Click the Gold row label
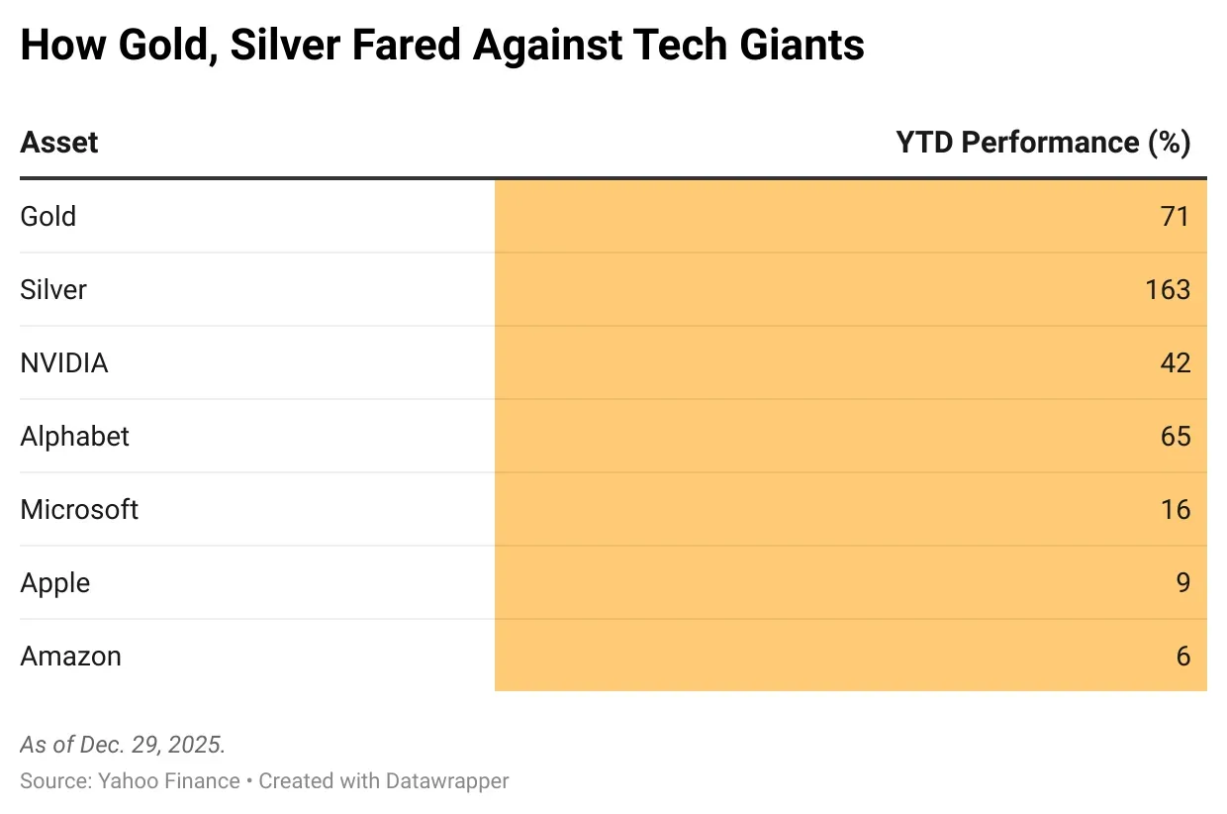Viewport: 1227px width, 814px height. click(47, 216)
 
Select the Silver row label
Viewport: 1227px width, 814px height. click(53, 289)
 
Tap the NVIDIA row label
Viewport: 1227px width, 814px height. click(64, 362)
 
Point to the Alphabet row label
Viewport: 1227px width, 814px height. click(75, 436)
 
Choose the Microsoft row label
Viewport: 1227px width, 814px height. click(79, 509)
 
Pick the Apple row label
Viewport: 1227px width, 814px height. click(55, 582)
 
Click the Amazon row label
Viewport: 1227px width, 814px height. click(70, 656)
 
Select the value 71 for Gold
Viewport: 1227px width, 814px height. click(1175, 216)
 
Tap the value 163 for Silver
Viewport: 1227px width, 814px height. click(1168, 289)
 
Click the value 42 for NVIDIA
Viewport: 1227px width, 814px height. click(1175, 362)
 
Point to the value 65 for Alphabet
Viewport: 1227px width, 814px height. click(1175, 436)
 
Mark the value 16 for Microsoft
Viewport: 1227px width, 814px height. click(1175, 509)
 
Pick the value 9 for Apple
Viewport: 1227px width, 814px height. click(1182, 582)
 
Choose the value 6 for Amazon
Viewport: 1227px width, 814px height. click(1182, 656)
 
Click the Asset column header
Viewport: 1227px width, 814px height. click(59, 143)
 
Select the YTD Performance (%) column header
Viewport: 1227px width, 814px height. click(1043, 143)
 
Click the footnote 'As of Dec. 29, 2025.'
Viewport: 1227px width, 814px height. click(123, 745)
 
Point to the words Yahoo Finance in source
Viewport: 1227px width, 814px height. click(169, 780)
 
